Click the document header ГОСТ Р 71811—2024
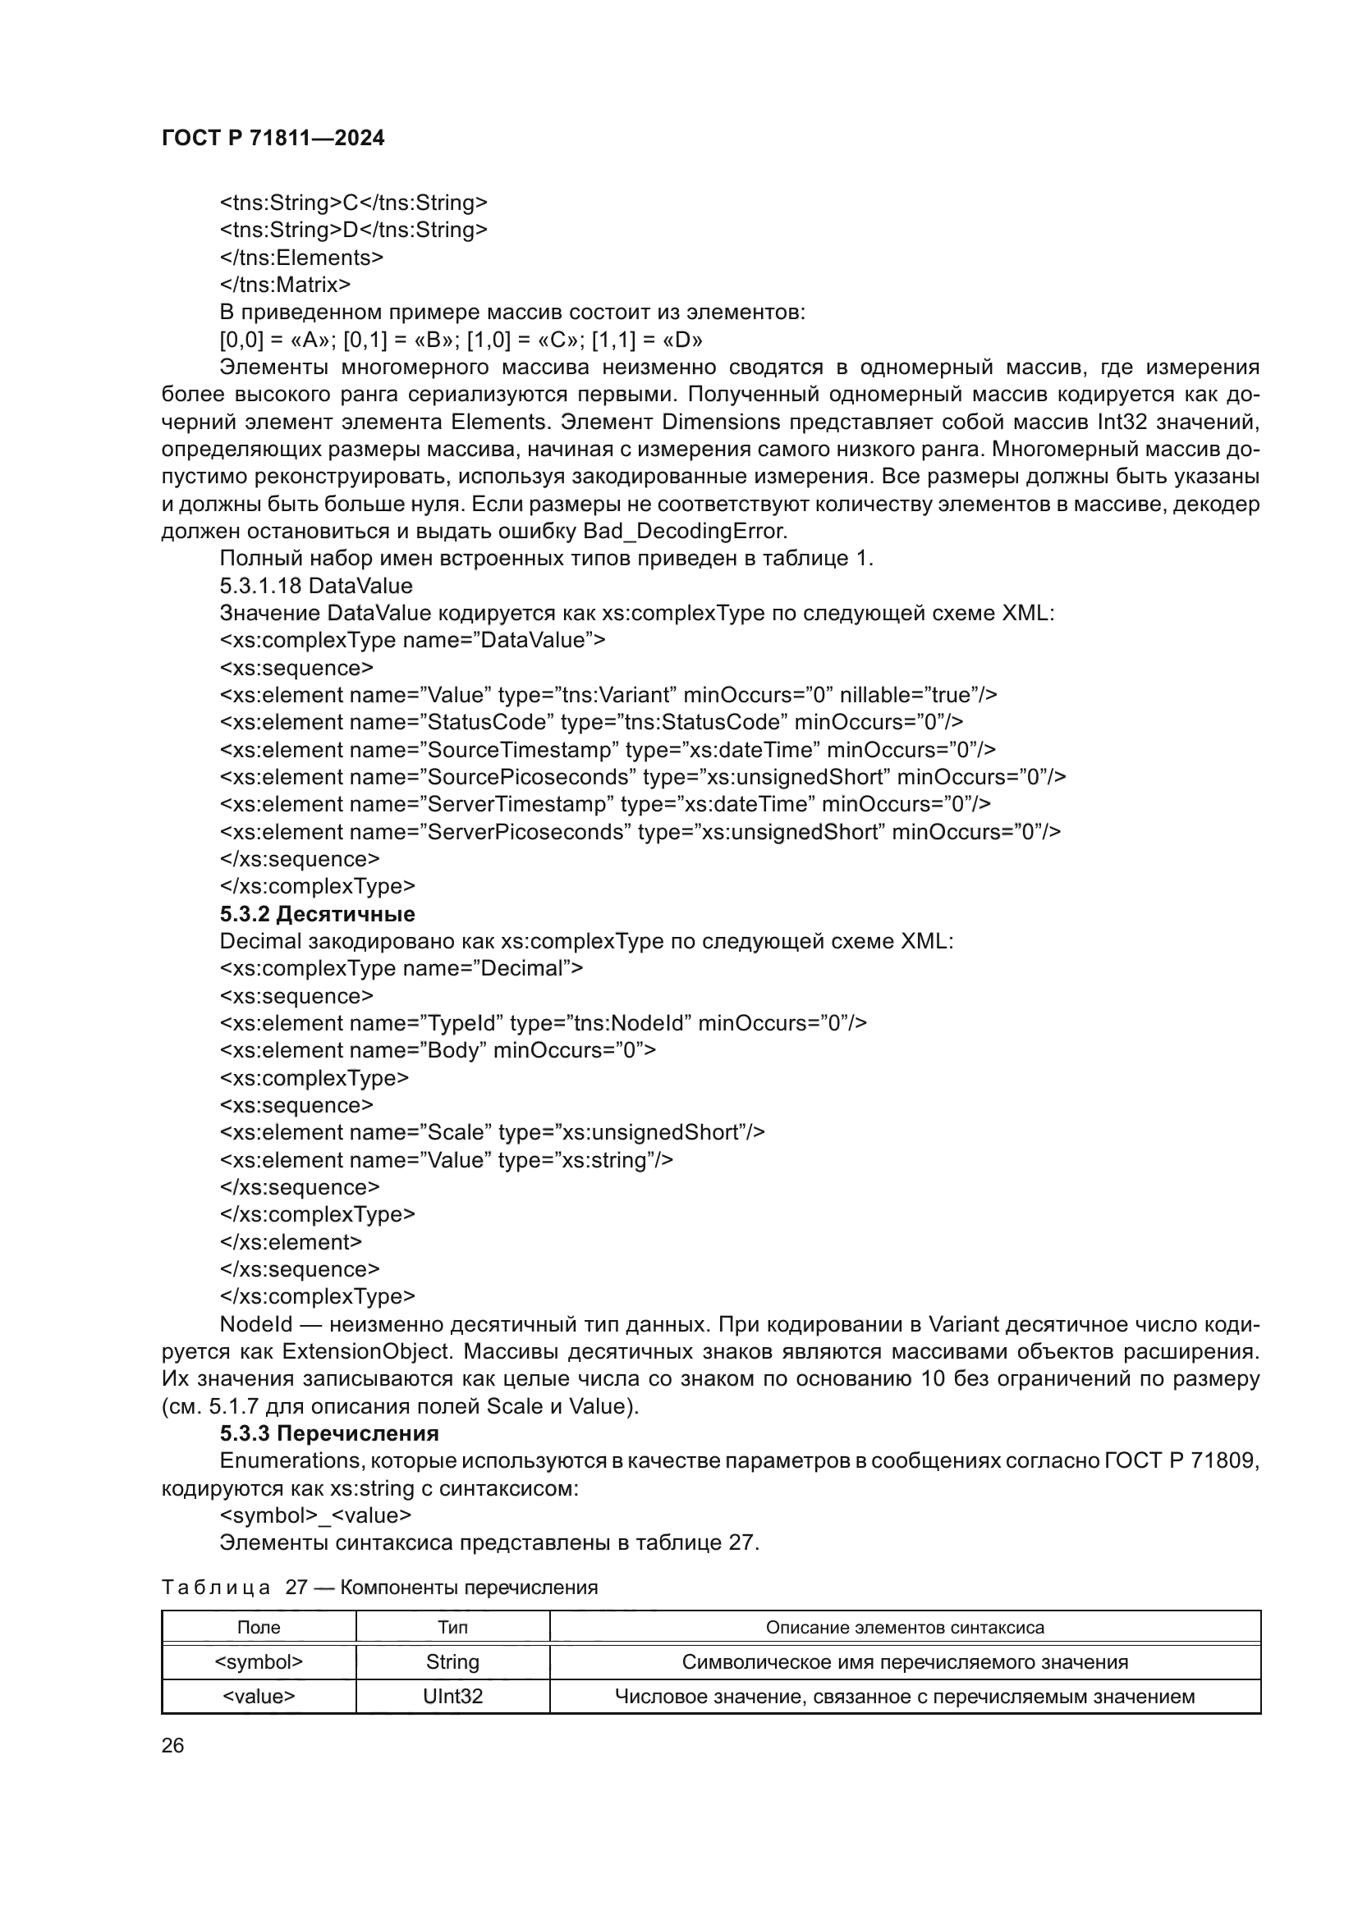tap(273, 138)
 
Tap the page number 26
tap(172, 1745)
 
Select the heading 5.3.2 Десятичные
tap(317, 913)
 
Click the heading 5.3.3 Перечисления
tap(328, 1433)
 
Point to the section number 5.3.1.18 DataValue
tap(316, 585)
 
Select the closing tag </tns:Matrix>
tap(285, 285)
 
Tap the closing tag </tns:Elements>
tap(301, 258)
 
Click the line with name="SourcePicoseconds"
tap(642, 777)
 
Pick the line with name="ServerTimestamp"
tap(604, 804)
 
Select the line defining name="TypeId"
tap(543, 1023)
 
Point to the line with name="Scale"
tap(492, 1132)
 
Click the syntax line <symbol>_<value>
tap(315, 1515)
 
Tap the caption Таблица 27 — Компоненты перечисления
tap(379, 1588)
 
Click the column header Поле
tap(259, 1627)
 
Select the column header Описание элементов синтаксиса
tap(905, 1627)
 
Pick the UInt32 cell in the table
tap(452, 1696)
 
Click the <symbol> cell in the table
tap(259, 1661)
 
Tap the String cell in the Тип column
tap(452, 1661)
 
